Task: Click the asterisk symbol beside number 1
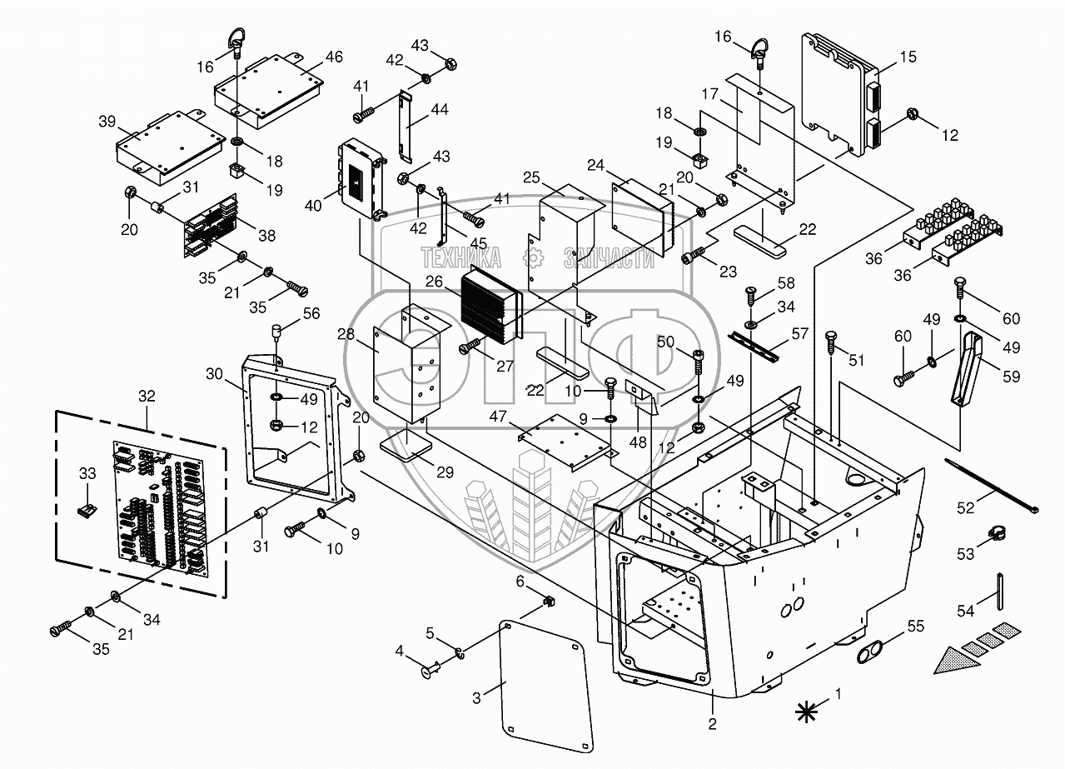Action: (806, 711)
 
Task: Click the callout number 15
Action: (908, 57)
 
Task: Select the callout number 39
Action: (107, 122)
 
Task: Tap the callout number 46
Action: (333, 57)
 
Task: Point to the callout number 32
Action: (147, 397)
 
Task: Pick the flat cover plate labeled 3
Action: (549, 683)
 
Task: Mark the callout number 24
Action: (595, 165)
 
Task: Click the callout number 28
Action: (346, 334)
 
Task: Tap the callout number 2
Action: (712, 723)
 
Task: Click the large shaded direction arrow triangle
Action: (958, 660)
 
